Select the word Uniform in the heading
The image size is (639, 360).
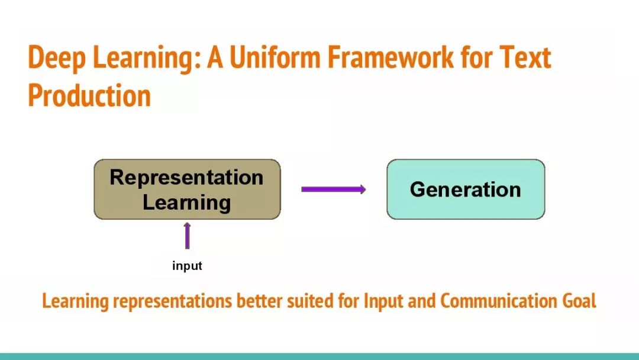(x=276, y=56)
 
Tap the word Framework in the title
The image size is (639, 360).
(x=390, y=56)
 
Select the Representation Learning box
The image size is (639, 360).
(x=187, y=189)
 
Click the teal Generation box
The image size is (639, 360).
(x=466, y=189)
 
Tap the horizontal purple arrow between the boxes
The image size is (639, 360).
(x=333, y=189)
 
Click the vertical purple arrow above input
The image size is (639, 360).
(x=187, y=236)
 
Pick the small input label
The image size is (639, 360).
(x=187, y=266)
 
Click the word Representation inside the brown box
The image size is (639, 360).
(x=186, y=178)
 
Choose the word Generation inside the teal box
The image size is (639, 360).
(x=466, y=190)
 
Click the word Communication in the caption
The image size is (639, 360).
(x=498, y=301)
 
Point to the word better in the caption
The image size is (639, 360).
(x=260, y=301)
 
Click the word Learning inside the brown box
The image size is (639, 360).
(x=186, y=202)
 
